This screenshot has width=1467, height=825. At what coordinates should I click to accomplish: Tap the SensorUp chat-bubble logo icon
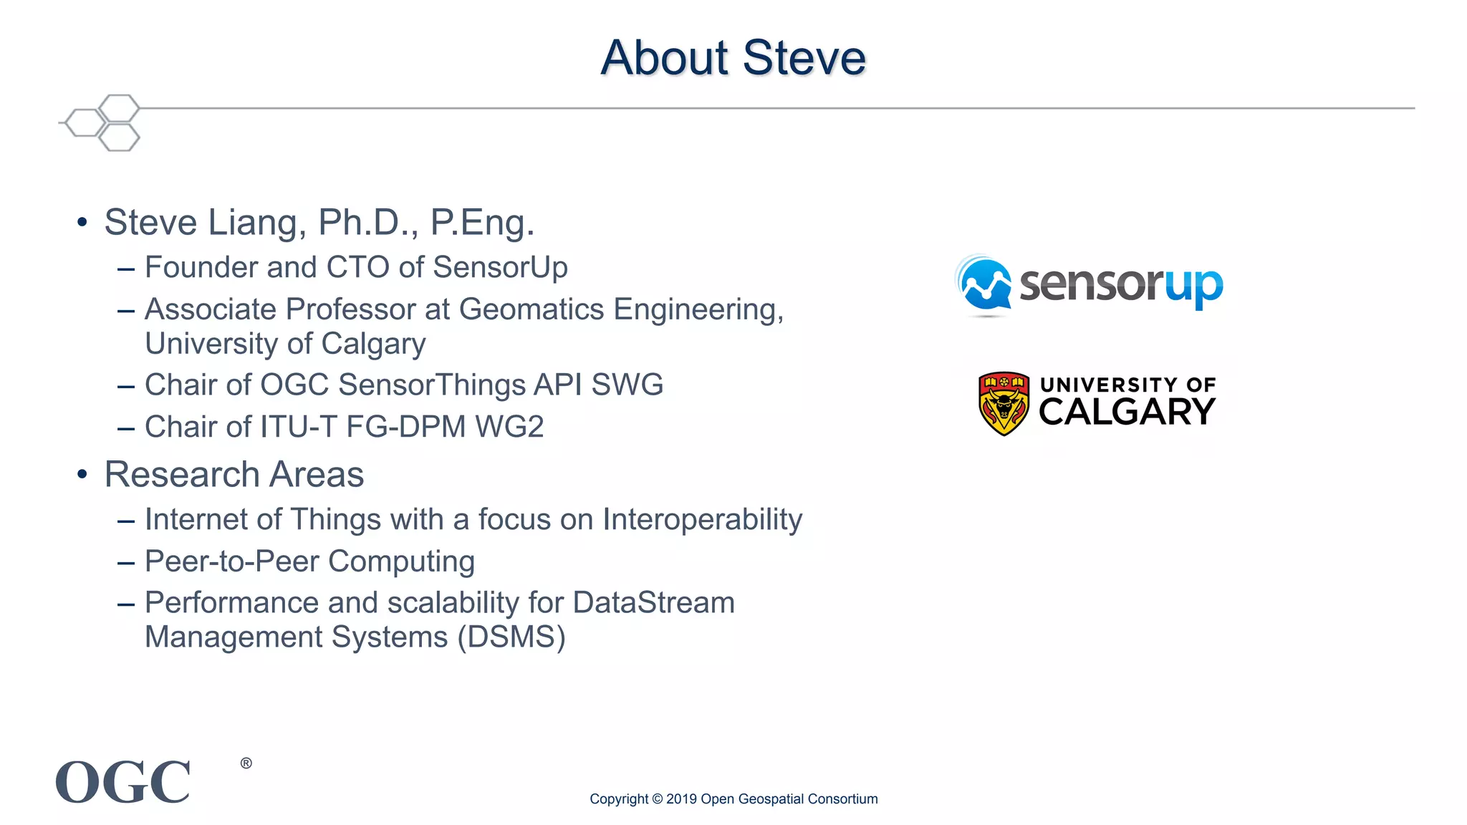point(985,286)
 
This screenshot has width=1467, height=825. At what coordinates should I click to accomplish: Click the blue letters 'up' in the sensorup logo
point(1193,286)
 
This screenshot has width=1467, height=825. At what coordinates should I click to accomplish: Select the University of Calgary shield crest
point(1004,403)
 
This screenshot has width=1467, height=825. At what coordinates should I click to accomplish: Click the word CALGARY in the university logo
point(1127,412)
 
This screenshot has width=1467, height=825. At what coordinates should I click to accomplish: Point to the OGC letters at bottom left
point(123,782)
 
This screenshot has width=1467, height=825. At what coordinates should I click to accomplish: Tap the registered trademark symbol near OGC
point(246,763)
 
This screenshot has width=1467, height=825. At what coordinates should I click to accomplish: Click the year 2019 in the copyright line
point(681,799)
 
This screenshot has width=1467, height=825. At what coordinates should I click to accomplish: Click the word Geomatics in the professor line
point(532,309)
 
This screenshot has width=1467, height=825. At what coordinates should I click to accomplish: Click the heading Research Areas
point(234,474)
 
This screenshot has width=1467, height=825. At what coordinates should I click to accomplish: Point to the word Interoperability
point(702,519)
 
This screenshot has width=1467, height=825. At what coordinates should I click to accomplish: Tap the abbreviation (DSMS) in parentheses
point(511,637)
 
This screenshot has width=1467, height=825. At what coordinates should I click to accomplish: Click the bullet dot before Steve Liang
point(82,222)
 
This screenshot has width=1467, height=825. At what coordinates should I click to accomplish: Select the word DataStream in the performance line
point(654,603)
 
